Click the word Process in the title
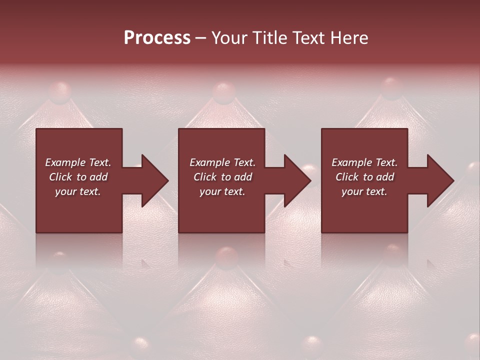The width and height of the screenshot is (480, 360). point(157,38)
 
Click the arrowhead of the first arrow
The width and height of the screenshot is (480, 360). point(154,180)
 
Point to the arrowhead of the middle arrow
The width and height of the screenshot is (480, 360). point(297,180)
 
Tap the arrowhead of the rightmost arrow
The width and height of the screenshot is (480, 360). point(440,180)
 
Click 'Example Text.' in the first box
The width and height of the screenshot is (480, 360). point(78,162)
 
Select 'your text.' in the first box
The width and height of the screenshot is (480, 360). point(78,191)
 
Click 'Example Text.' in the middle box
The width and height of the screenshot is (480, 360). point(222,162)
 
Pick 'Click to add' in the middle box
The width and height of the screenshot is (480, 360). point(222,177)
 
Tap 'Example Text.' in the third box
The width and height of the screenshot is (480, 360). point(364,162)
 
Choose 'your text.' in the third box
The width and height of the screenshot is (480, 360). point(364,191)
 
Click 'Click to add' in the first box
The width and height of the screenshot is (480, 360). point(78,177)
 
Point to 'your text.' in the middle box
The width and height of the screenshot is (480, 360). point(222,191)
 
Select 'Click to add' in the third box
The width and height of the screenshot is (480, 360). point(364,177)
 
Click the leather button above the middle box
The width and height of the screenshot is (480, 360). point(223,92)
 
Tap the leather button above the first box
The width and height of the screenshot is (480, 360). point(59,90)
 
